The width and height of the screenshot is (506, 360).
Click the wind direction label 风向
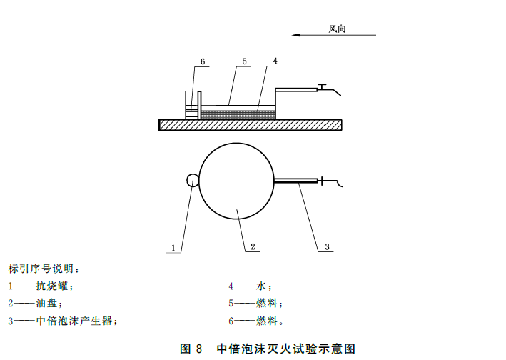341,29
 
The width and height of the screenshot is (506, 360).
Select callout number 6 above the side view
202,62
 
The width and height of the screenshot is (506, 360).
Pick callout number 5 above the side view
244,62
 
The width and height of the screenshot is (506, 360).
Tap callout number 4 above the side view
275,62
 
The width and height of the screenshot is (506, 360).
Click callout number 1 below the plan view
173,248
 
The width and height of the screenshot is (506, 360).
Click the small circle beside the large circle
193,181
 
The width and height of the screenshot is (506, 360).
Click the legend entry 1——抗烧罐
41,286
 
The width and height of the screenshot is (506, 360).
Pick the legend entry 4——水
246,286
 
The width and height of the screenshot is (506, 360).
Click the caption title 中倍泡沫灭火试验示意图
285,349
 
